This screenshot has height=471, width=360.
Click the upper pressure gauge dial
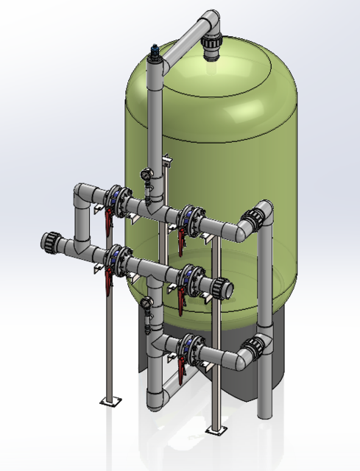click(145, 175)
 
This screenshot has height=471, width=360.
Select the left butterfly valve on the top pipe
click(116, 199)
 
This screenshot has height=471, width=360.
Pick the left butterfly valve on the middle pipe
click(115, 260)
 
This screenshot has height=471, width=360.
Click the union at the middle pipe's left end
click(52, 241)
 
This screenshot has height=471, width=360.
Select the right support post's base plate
click(216, 428)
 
